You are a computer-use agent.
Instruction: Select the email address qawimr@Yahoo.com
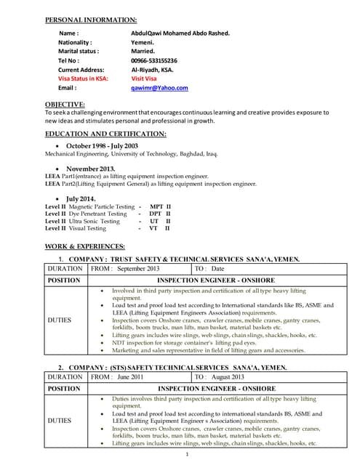click(159, 87)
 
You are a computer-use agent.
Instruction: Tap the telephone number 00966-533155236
click(153, 60)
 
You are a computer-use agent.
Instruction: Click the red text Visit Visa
click(145, 78)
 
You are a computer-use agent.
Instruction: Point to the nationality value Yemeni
click(143, 43)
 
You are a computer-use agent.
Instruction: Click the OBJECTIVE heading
click(65, 105)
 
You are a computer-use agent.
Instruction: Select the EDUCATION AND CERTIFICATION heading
click(105, 134)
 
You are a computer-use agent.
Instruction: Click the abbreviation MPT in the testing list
click(153, 207)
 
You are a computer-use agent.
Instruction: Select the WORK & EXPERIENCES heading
click(84, 246)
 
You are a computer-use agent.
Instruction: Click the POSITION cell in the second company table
click(63, 389)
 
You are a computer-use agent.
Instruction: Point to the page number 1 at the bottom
click(187, 455)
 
